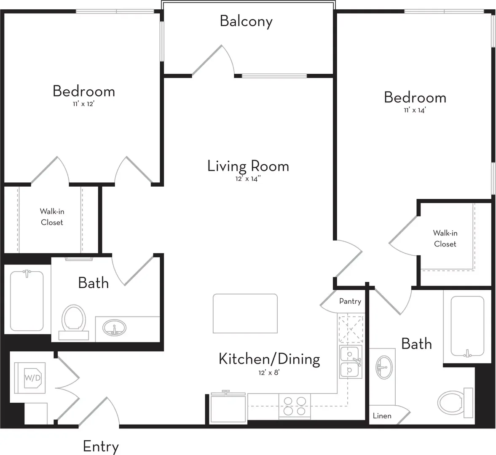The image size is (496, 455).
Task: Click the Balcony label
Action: (x=246, y=21)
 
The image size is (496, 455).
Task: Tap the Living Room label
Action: (x=248, y=166)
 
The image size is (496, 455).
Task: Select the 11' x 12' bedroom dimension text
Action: (x=83, y=104)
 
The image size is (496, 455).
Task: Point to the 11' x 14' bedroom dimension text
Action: (x=415, y=110)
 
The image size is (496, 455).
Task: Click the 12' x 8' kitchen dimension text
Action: (x=269, y=372)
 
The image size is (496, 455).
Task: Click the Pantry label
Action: (x=350, y=301)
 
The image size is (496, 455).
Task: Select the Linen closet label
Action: (x=382, y=416)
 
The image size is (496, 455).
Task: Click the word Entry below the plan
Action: (x=101, y=447)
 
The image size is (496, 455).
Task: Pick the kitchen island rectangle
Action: (x=245, y=313)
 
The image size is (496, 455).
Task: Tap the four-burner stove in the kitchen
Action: (x=295, y=406)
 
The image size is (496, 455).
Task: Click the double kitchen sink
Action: (x=351, y=362)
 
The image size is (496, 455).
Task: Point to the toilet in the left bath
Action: (x=74, y=322)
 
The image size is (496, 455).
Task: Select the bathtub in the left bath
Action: (x=27, y=301)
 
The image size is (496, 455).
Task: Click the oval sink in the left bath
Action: (x=115, y=328)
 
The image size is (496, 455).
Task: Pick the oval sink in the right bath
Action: (x=384, y=367)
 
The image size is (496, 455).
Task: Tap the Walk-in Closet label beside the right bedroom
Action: (x=445, y=238)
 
